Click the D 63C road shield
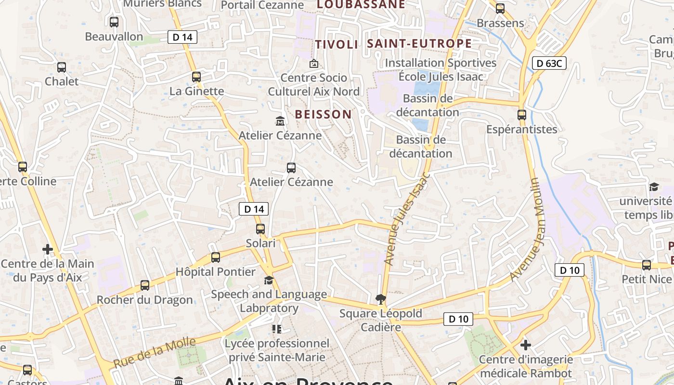(x=549, y=63)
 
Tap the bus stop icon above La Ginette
(x=196, y=77)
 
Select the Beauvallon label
(x=114, y=37)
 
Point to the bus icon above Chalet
(x=62, y=67)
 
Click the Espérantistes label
(x=521, y=129)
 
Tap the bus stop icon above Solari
(x=260, y=229)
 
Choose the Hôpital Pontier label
(x=215, y=272)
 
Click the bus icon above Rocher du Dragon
(x=145, y=285)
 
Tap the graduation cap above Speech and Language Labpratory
(x=269, y=280)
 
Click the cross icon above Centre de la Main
(x=47, y=249)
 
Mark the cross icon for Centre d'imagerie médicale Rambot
(x=526, y=345)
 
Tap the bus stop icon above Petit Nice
(x=647, y=265)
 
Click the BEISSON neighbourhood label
(x=324, y=115)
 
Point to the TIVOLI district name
(x=337, y=45)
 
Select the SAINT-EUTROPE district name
(x=419, y=44)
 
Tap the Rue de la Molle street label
(x=155, y=353)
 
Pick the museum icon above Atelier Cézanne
(x=280, y=121)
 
